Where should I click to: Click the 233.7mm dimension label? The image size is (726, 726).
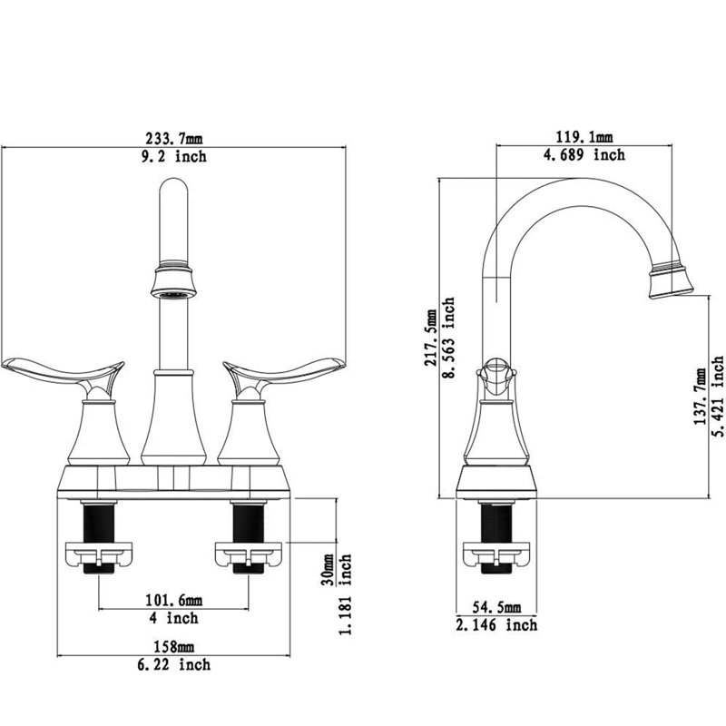click(x=174, y=138)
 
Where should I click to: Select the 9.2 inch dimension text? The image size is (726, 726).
click(x=174, y=156)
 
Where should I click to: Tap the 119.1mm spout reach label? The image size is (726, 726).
click(x=584, y=137)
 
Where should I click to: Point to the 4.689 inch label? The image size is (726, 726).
click(x=584, y=154)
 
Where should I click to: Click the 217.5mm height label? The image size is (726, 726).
click(x=431, y=338)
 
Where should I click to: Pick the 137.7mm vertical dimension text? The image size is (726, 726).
click(x=700, y=397)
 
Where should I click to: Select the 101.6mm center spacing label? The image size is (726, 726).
click(x=174, y=600)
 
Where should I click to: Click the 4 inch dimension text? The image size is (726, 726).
click(x=174, y=618)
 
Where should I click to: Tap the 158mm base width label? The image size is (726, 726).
click(x=174, y=646)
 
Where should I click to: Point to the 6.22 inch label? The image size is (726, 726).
click(x=174, y=665)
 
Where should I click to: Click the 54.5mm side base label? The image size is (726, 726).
click(x=496, y=607)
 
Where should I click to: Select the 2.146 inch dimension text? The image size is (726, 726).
click(x=496, y=625)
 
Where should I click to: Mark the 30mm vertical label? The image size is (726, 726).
click(x=328, y=570)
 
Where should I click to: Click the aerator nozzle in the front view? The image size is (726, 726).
click(x=173, y=281)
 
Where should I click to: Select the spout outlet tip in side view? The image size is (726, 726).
click(x=671, y=280)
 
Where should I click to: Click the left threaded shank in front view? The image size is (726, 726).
click(x=99, y=524)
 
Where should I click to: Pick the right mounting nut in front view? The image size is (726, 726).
click(x=249, y=554)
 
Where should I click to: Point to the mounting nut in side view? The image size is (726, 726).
click(x=496, y=554)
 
